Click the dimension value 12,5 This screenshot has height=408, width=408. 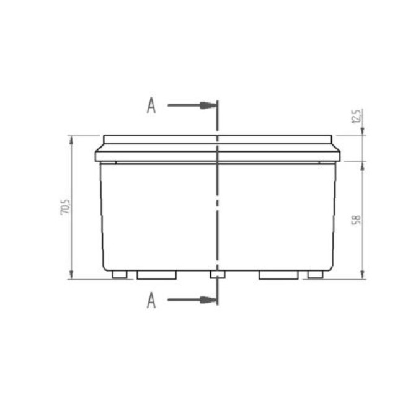(x=355, y=116)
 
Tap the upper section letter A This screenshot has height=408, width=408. (x=151, y=106)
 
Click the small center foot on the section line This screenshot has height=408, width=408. (x=217, y=274)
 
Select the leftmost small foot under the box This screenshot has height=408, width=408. (x=120, y=274)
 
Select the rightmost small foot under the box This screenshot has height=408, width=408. (x=316, y=274)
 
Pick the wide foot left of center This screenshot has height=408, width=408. (x=157, y=274)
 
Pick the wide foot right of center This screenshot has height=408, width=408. (x=278, y=274)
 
